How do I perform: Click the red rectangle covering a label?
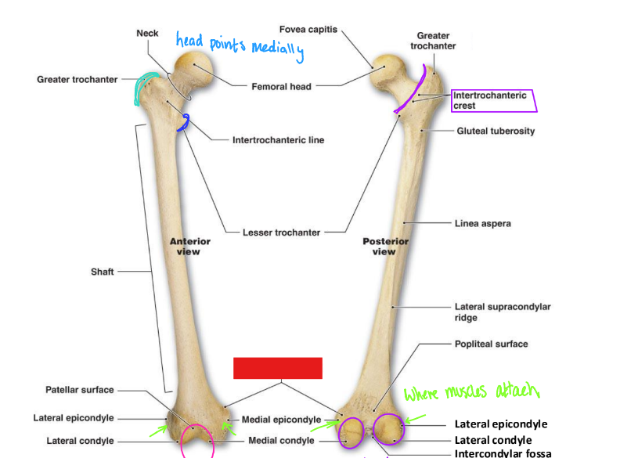[x=278, y=368]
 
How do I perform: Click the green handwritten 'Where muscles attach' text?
[x=472, y=391]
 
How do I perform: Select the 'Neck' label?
[x=147, y=33]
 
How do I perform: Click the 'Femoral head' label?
[x=281, y=86]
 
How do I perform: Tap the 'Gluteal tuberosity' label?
[x=496, y=131]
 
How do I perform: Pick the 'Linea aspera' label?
[x=482, y=223]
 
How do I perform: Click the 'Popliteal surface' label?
[x=491, y=344]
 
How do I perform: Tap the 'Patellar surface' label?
[x=79, y=390]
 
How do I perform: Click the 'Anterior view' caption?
[x=189, y=247]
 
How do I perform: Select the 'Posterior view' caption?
[x=385, y=247]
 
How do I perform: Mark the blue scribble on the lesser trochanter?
[x=185, y=122]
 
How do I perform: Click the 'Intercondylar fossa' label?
[x=503, y=453]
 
